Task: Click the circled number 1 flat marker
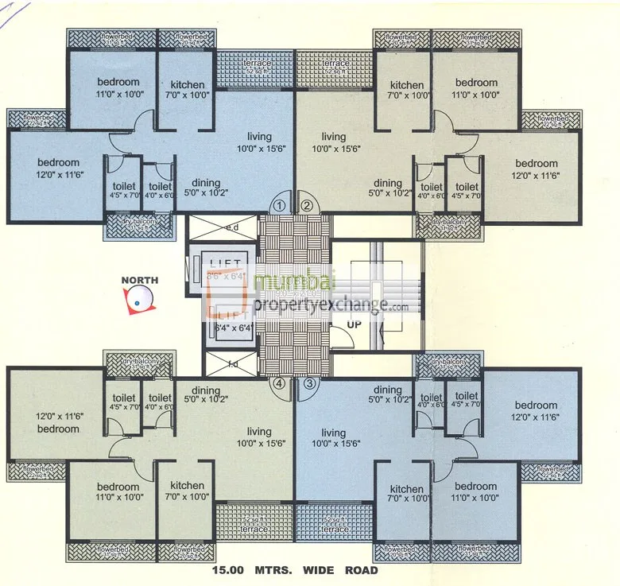coord(279,204)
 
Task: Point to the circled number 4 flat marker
coord(279,383)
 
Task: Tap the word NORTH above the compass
coord(140,280)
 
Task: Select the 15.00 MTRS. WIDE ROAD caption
coord(296,570)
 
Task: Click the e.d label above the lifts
coord(233,227)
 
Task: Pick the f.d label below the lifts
coord(233,365)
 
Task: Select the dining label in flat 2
coord(388,184)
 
